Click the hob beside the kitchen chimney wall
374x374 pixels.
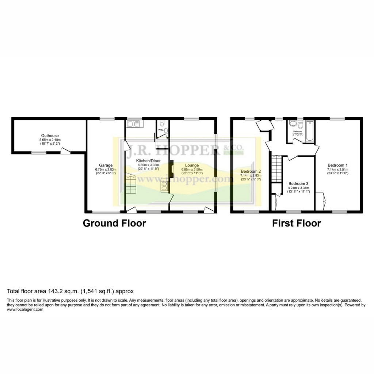point(163,186)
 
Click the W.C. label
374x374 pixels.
point(160,130)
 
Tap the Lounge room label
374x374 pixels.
point(192,165)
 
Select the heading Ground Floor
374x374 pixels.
point(114,223)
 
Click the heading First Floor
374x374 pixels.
point(296,223)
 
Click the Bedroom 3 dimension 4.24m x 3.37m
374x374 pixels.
point(298,188)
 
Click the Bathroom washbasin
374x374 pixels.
point(292,124)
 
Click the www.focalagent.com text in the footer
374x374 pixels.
point(25,310)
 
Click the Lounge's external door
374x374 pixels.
point(209,210)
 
